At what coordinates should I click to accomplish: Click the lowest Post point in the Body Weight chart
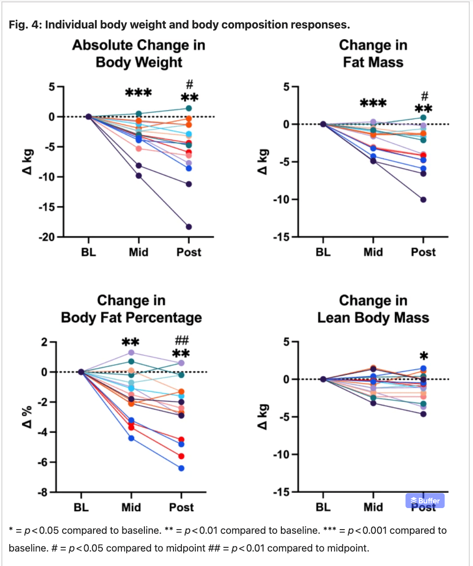189,227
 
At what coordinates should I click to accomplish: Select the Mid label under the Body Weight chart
138,252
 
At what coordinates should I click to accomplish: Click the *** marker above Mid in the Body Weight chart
138,93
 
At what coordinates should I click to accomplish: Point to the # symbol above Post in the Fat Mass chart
424,96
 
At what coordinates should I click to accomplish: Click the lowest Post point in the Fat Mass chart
423,200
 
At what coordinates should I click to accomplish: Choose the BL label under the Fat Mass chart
323,252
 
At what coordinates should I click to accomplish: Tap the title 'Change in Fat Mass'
373,54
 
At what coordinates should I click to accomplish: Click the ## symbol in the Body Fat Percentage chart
181,340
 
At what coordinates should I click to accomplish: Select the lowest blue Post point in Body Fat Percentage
181,468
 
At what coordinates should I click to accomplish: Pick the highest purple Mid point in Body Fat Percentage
131,353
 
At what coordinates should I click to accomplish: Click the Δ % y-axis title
28,417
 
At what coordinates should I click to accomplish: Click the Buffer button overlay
425,501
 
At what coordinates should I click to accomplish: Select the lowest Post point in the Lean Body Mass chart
423,414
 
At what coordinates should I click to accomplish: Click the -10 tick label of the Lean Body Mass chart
282,454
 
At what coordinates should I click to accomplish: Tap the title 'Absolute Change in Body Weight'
139,54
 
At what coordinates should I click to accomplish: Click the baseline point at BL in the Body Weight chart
88,117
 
